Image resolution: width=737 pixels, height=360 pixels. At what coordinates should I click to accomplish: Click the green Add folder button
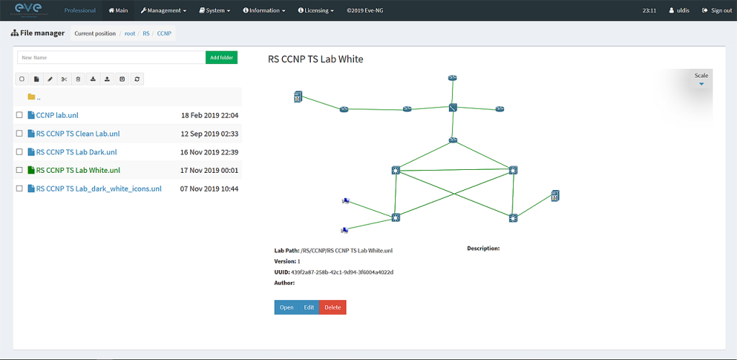click(x=222, y=58)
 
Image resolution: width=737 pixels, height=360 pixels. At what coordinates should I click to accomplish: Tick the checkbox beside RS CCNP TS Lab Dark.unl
click(x=19, y=152)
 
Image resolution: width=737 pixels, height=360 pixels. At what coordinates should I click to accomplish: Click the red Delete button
click(x=333, y=307)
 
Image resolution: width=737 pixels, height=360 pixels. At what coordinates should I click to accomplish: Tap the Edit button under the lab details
click(x=309, y=307)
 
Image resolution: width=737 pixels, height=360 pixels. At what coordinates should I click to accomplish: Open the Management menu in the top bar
click(x=163, y=10)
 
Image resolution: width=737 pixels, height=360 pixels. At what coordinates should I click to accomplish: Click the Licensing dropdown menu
click(x=316, y=10)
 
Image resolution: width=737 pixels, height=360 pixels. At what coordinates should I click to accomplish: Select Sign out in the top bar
click(x=716, y=10)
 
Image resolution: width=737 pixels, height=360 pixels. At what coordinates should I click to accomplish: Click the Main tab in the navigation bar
click(x=118, y=10)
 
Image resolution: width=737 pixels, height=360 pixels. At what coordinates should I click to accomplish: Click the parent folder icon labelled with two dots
click(x=32, y=96)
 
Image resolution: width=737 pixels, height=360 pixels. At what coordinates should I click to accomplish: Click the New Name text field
click(x=112, y=58)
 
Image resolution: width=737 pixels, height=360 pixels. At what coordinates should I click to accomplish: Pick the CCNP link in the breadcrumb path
click(x=164, y=33)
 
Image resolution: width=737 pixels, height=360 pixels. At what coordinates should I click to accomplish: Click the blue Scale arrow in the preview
click(x=701, y=84)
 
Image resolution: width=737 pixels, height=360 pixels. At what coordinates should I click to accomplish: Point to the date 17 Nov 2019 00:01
click(x=209, y=170)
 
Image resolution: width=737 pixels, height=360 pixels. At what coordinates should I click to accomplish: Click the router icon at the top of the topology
click(x=453, y=78)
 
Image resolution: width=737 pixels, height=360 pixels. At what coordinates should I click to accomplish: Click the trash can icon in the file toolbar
click(x=78, y=79)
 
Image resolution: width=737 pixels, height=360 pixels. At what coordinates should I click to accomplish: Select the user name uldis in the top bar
click(x=679, y=10)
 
